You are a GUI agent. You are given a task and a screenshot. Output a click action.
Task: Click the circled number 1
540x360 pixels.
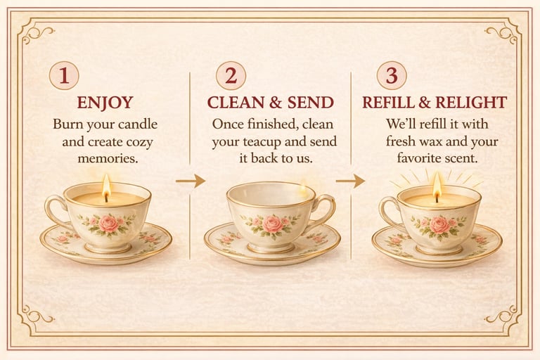64,75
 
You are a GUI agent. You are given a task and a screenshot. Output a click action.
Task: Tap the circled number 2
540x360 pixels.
231,75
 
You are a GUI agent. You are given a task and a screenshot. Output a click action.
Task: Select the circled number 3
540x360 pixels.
392,75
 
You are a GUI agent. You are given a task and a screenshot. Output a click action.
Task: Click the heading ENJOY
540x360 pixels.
105,103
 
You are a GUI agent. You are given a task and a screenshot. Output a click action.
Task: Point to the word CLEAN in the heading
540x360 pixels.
236,103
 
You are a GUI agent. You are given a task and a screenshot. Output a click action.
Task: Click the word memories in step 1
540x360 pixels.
108,158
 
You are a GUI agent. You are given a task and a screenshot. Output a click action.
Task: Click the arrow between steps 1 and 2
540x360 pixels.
191,181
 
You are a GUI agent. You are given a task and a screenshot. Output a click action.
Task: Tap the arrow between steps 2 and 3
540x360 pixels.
351,181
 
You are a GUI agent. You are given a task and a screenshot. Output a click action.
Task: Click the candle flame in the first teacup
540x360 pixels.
106,186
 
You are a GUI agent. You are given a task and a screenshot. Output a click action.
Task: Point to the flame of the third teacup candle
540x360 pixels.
437,186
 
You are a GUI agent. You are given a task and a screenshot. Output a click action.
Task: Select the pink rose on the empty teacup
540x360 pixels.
272,224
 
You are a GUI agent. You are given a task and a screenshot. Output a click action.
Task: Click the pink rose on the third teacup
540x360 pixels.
439,224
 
